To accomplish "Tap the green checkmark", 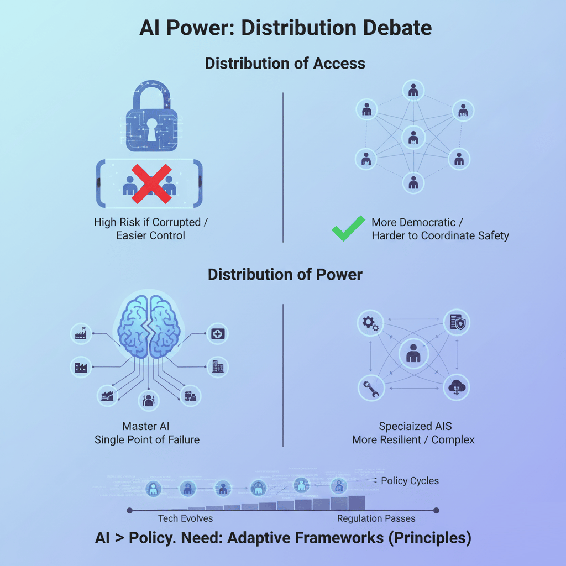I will coord(348,228).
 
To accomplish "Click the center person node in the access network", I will coord(413,135).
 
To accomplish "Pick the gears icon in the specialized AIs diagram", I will coord(369,323).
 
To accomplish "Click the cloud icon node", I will coord(456,387).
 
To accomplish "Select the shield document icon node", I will coord(457,323).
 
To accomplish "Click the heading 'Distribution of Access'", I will coord(285,64).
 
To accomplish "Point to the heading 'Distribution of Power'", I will coord(285,274).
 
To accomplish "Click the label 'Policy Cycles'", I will coord(410,480).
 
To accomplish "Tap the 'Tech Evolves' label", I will coord(185,518).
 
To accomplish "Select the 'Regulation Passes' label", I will coord(376,518).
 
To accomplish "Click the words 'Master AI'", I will coord(147,426).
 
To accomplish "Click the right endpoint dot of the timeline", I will coord(436,510).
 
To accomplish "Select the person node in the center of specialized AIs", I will coord(413,354).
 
